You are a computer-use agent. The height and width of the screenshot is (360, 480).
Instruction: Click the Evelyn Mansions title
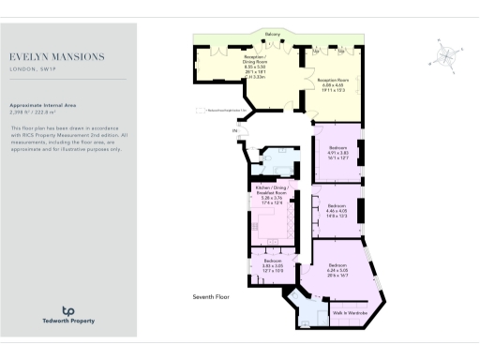[56, 57]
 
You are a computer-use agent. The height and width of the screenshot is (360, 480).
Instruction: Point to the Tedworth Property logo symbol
[67, 310]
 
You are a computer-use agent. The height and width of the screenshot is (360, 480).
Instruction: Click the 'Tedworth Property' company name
[67, 322]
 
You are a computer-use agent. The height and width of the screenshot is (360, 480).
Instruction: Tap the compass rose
[447, 53]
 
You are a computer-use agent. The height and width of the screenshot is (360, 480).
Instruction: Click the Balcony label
[273, 34]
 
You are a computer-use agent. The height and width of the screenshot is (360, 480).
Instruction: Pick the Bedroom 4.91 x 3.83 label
[338, 152]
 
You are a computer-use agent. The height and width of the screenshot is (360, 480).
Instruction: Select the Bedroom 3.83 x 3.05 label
[272, 264]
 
